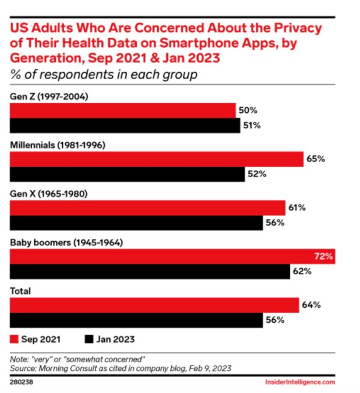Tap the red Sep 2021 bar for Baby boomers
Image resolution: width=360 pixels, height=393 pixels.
point(171,256)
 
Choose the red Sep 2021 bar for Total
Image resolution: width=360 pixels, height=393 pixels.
point(154,305)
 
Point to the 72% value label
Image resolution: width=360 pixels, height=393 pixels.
point(323,256)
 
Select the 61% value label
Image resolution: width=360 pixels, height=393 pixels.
point(296,208)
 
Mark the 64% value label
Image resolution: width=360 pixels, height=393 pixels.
point(310,305)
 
